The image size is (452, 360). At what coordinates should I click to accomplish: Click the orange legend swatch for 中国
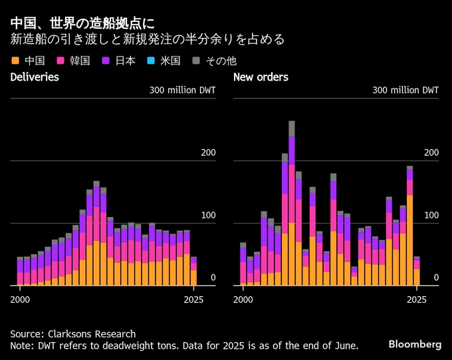15,61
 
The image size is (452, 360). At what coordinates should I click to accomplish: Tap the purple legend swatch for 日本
106,61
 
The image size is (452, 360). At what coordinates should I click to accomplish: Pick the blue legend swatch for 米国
151,61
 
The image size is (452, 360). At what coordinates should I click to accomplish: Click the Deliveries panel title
35,77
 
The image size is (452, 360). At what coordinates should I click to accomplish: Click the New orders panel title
261,77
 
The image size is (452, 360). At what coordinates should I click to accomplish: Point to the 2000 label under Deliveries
21,299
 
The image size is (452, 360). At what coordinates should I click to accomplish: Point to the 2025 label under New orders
417,299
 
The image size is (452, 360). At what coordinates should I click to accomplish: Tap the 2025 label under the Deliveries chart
193,299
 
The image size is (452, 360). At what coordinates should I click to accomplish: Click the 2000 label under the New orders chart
244,299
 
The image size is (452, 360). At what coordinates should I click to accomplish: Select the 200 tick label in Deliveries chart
208,153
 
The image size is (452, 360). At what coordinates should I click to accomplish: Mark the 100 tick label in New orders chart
431,216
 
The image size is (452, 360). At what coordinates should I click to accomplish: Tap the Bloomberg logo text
415,344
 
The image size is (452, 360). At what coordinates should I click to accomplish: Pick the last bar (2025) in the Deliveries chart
193,271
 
